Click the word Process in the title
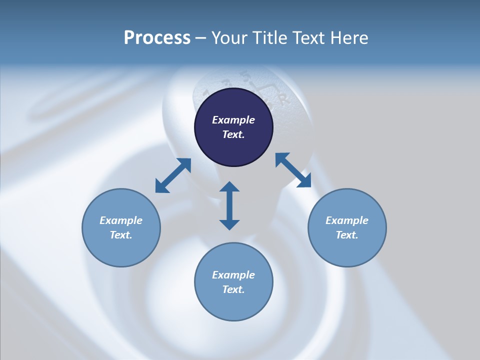point(157,38)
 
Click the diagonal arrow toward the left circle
point(173,175)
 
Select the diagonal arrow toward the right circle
point(293,170)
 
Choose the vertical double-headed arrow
point(229,205)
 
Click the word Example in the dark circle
point(233,120)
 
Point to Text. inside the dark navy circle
point(233,134)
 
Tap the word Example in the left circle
point(121,220)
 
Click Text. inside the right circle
point(347,235)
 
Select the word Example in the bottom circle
point(233,275)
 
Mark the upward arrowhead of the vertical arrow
point(229,187)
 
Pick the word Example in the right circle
point(347,220)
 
